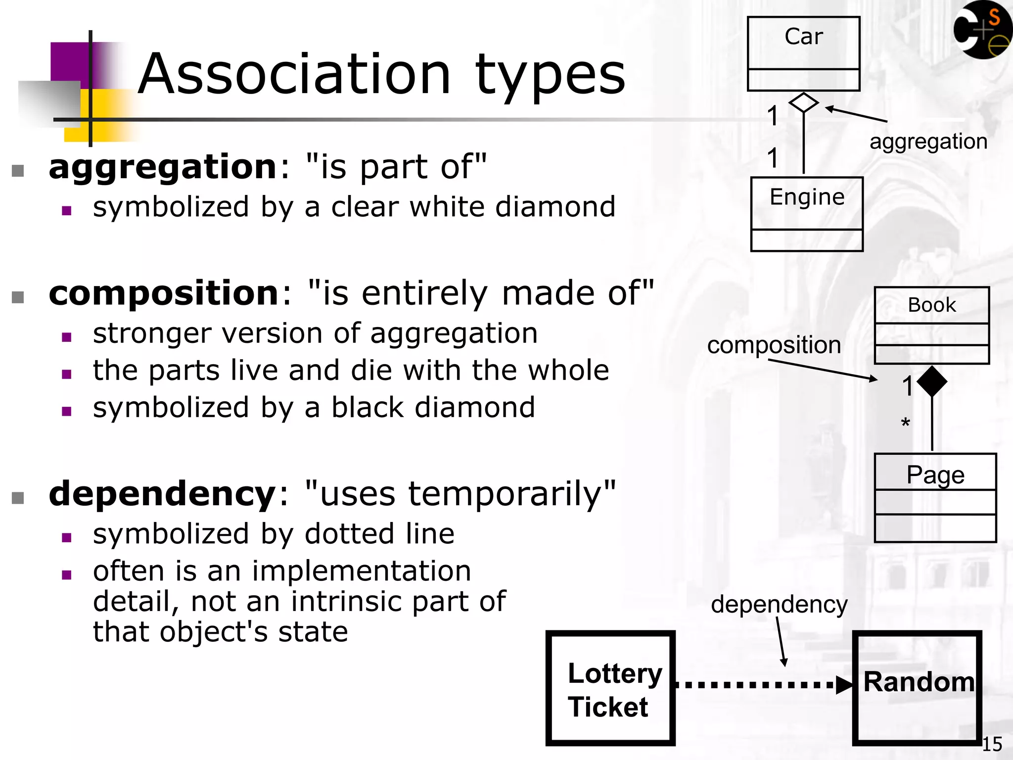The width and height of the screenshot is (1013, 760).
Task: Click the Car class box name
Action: [803, 37]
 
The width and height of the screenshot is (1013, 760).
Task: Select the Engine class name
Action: [807, 197]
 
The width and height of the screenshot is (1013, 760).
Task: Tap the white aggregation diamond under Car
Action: [803, 103]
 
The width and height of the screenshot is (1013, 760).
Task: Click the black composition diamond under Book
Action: [932, 381]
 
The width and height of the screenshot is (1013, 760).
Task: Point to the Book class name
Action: [932, 305]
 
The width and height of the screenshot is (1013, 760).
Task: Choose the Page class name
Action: [935, 475]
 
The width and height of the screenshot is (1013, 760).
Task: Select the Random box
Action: [918, 688]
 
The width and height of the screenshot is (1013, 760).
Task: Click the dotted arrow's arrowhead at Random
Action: [844, 685]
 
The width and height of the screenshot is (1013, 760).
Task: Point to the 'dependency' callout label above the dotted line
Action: [779, 604]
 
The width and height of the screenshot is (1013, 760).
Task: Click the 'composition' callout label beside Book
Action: [774, 345]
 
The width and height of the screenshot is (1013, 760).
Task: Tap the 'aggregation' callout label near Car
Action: [928, 142]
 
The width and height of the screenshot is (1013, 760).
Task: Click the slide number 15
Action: [992, 744]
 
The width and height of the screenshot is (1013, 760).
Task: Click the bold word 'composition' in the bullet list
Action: [164, 293]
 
